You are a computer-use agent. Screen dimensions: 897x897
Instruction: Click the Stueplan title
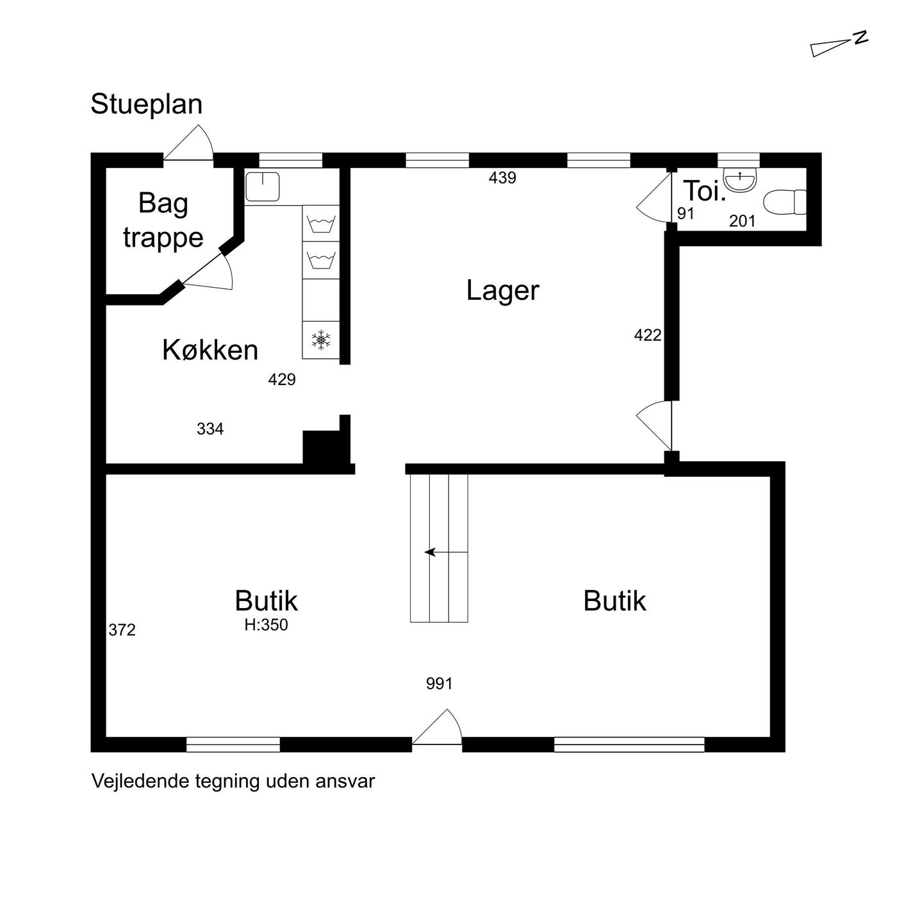tap(146, 104)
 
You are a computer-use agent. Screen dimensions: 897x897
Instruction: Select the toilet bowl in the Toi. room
tap(785, 202)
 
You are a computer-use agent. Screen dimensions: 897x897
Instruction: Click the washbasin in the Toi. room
tap(740, 180)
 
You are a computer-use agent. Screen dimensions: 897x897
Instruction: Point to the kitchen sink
tap(263, 186)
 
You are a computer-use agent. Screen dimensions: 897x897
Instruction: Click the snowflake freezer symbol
tap(321, 340)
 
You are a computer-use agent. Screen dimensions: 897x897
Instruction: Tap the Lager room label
tap(503, 290)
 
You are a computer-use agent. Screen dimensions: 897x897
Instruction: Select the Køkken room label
tap(210, 350)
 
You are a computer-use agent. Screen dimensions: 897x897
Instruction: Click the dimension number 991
tap(440, 684)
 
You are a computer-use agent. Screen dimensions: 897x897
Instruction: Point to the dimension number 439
tap(502, 177)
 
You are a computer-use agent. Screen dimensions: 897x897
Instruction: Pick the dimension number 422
tap(648, 335)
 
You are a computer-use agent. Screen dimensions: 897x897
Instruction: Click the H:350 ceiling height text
tap(267, 625)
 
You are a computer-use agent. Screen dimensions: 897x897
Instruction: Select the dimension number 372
tap(122, 630)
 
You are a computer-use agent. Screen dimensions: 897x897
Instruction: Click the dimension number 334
tap(210, 429)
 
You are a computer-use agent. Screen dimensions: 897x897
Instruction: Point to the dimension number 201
tap(742, 220)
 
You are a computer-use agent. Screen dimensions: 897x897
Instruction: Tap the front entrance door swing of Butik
tap(437, 727)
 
